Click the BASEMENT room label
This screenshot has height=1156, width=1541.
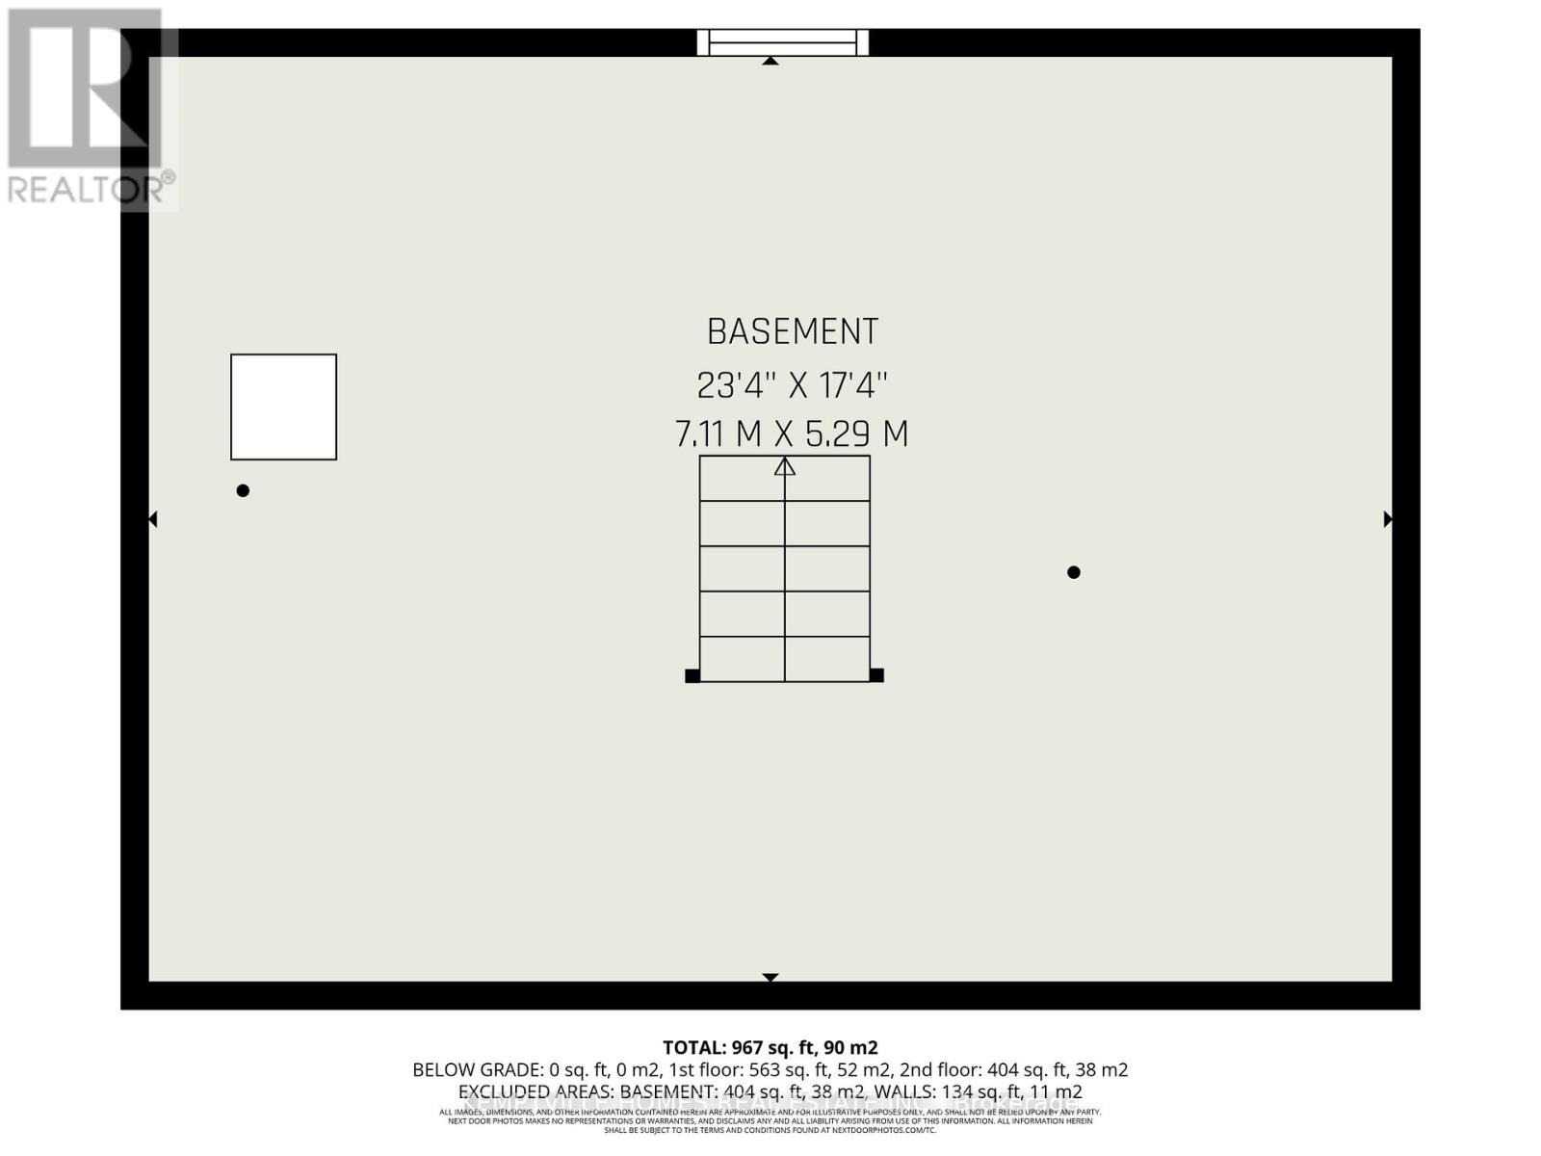[x=792, y=332]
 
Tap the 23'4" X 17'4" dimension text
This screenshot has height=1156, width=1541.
[x=792, y=385]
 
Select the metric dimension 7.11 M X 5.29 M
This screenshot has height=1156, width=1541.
[x=792, y=434]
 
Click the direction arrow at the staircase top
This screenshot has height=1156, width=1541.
[x=785, y=467]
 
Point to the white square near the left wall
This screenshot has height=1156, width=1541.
[x=283, y=407]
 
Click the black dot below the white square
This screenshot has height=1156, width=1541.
[x=243, y=490]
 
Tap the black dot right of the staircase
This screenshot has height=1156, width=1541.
[x=1074, y=572]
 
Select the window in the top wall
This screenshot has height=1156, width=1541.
[x=783, y=42]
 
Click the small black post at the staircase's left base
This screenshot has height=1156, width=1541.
[x=692, y=675]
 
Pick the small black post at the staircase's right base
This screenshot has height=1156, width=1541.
[x=876, y=675]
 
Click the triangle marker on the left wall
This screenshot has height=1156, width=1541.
[x=153, y=519]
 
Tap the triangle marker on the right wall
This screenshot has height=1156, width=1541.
[x=1388, y=519]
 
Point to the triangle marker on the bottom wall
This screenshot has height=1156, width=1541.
[x=770, y=977]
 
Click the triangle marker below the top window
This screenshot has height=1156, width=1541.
[x=770, y=61]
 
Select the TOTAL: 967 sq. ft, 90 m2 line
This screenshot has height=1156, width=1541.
[x=770, y=1047]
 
